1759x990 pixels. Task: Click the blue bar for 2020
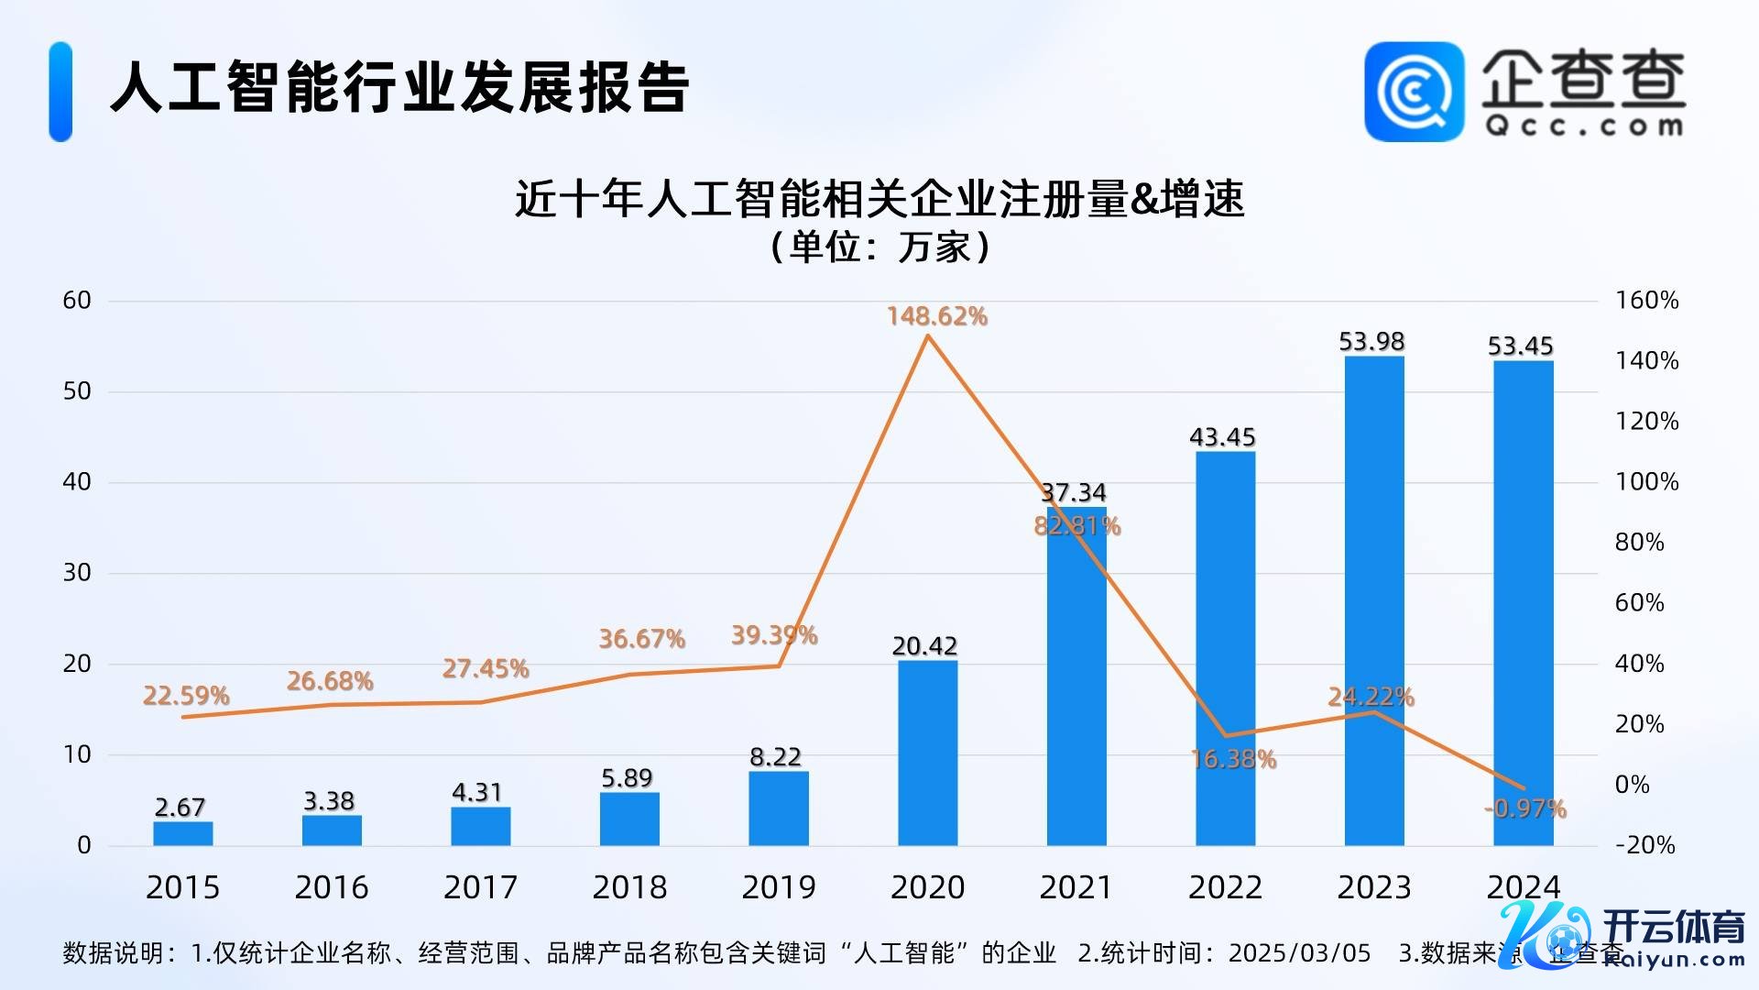(927, 752)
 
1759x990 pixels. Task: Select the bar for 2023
(1373, 600)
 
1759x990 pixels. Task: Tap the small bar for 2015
(182, 833)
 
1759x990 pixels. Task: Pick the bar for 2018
(629, 819)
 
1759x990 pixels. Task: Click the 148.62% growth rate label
(936, 316)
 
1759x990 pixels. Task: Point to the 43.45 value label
(1222, 436)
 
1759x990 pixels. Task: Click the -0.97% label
(1524, 808)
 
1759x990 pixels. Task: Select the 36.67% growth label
(641, 638)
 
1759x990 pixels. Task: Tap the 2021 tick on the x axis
(1076, 887)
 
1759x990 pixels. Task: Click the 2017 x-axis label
(480, 887)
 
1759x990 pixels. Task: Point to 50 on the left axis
(77, 391)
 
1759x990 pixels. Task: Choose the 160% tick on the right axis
(1646, 301)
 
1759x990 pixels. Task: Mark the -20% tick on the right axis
(1644, 845)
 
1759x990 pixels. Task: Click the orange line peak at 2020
(927, 335)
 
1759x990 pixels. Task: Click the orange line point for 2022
(1225, 735)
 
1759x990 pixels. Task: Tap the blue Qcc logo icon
(1414, 92)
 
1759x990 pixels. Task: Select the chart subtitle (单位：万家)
(879, 247)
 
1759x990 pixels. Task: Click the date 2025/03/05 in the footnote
(1299, 953)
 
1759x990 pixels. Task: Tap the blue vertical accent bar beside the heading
(60, 92)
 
